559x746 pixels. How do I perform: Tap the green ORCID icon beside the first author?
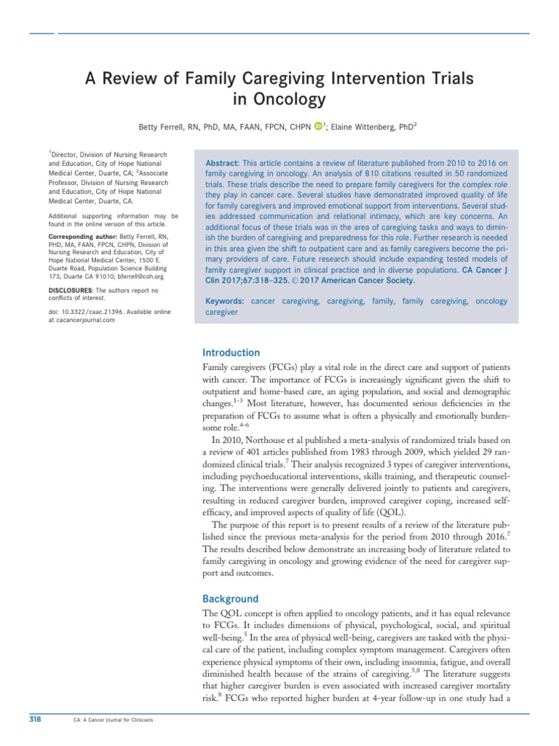(x=318, y=127)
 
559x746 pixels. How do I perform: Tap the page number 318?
(x=34, y=721)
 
